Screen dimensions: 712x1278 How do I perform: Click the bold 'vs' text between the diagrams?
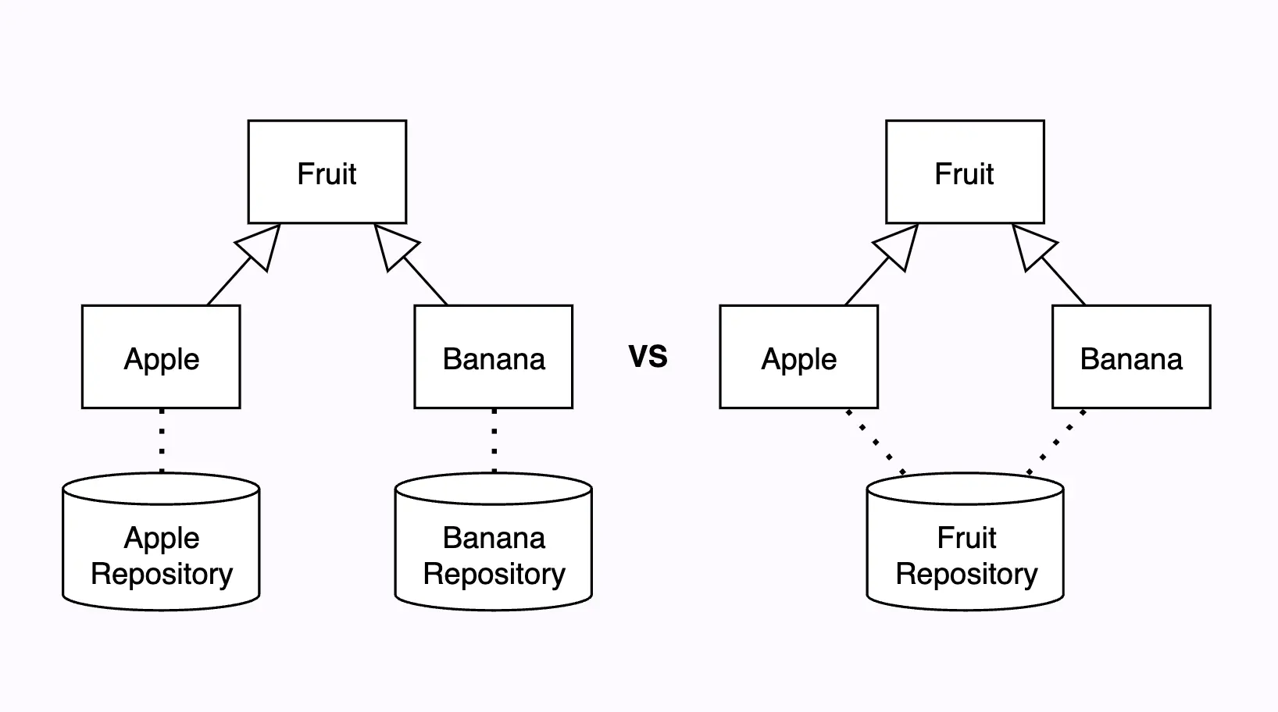[x=648, y=356]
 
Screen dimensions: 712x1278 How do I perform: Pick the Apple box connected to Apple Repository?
[x=161, y=357]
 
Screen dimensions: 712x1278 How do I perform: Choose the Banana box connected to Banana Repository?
[x=494, y=357]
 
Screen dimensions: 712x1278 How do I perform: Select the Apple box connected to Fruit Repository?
[x=798, y=357]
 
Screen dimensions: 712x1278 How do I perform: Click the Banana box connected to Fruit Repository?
[x=1131, y=357]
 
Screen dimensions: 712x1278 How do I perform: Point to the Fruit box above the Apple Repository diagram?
[x=327, y=172]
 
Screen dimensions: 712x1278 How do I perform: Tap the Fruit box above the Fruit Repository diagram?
[x=965, y=172]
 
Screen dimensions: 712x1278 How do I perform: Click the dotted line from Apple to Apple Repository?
[x=162, y=440]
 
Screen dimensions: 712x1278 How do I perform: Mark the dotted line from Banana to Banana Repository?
[x=494, y=440]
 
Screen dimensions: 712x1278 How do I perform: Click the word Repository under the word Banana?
[x=494, y=575]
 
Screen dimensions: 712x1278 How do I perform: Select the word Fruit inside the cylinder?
[x=966, y=538]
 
